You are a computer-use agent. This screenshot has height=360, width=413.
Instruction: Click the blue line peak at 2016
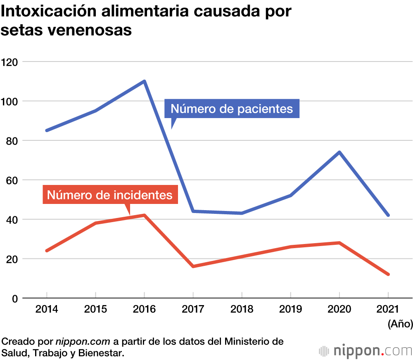click(x=144, y=81)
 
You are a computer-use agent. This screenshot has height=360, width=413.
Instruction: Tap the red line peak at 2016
click(x=144, y=215)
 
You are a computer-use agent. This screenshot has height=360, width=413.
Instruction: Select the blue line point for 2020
click(x=339, y=152)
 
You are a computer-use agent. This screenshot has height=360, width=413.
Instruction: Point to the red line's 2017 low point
click(x=193, y=266)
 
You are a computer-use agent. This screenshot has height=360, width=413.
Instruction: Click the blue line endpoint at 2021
click(x=388, y=215)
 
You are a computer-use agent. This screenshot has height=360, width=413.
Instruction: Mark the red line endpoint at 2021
click(x=388, y=274)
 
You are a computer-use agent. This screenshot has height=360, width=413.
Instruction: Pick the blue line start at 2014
click(x=47, y=130)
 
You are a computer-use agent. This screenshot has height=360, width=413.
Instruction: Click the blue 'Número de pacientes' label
click(x=232, y=109)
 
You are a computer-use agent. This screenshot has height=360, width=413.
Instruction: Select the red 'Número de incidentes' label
click(x=110, y=194)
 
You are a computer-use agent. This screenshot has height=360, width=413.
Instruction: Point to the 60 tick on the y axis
click(x=12, y=180)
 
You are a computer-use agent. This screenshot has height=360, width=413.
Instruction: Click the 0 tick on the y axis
click(x=14, y=298)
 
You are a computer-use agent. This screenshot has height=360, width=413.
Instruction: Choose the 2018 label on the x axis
click(x=242, y=309)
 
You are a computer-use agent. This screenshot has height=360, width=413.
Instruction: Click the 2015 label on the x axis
click(x=95, y=309)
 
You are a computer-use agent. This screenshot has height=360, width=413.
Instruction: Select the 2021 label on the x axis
click(x=388, y=309)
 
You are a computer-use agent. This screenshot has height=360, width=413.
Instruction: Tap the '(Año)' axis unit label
click(x=400, y=324)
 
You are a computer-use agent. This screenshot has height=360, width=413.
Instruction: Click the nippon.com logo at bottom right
click(x=366, y=351)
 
